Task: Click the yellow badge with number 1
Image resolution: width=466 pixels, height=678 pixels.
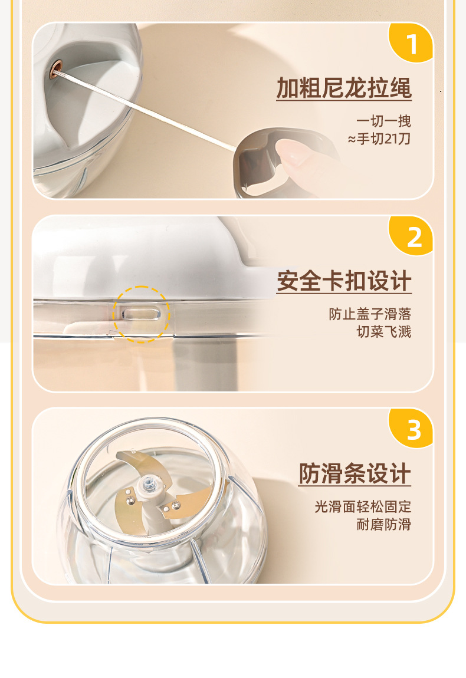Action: coord(412,42)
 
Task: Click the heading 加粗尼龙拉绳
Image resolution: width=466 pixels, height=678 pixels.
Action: coord(344,88)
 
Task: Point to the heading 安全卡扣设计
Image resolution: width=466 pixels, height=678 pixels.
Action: coord(344,281)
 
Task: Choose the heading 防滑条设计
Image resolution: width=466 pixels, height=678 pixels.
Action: coord(355,473)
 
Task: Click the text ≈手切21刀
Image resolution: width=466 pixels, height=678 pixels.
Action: coord(379,139)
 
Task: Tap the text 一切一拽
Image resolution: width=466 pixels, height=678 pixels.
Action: coord(383,121)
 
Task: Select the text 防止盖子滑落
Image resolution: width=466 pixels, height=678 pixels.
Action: coord(370,314)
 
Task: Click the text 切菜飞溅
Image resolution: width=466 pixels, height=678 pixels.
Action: coord(384,332)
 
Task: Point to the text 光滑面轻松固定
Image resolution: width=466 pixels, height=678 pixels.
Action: coord(363,507)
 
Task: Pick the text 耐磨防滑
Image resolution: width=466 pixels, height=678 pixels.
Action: coord(384,525)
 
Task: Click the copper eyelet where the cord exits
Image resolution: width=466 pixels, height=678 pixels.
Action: coord(55,69)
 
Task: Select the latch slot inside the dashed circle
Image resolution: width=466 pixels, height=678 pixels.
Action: coord(141,314)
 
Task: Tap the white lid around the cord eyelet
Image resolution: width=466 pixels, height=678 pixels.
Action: coord(87,87)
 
